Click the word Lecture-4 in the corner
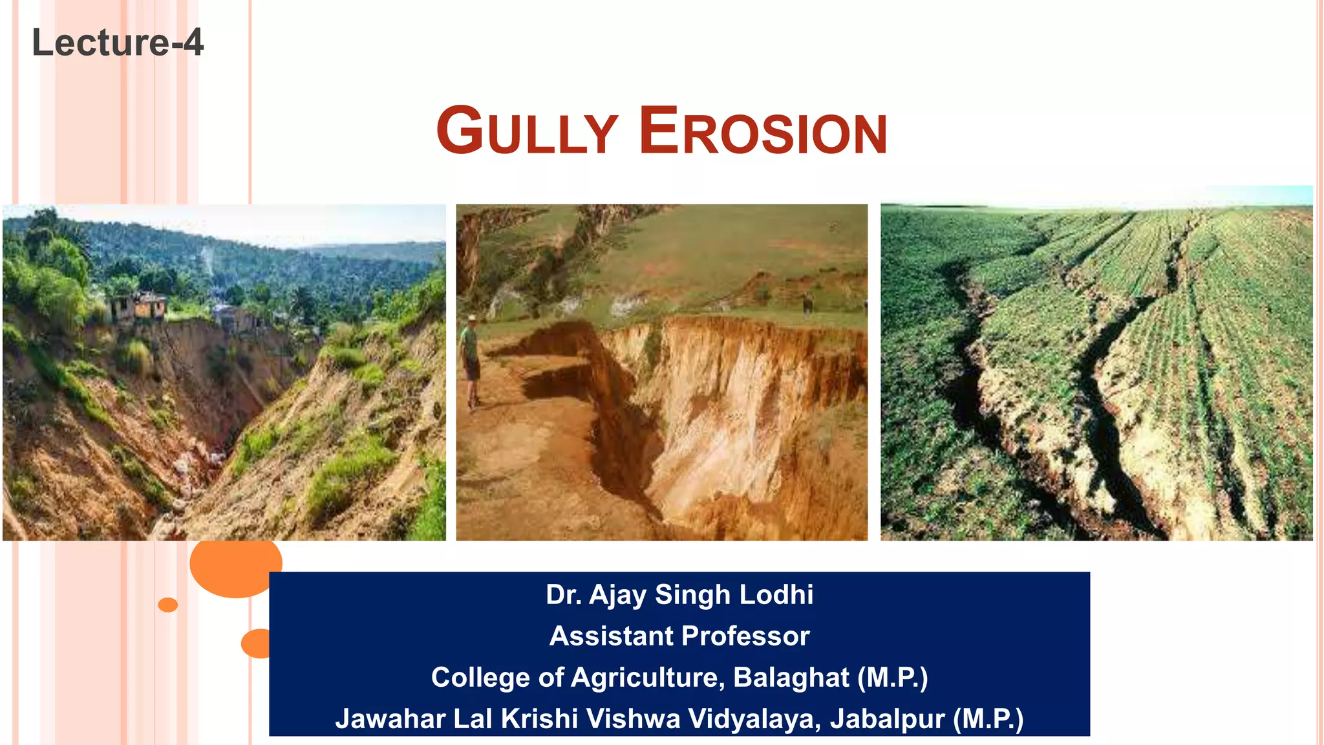pos(118,43)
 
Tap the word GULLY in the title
pos(527,131)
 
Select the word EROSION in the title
pos(763,131)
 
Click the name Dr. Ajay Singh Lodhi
pos(679,594)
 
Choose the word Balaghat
pos(791,677)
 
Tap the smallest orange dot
pos(168,605)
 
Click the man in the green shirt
pos(471,359)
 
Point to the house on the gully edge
pos(138,307)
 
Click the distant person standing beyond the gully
pos(807,304)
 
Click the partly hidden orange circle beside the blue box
pos(257,643)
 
